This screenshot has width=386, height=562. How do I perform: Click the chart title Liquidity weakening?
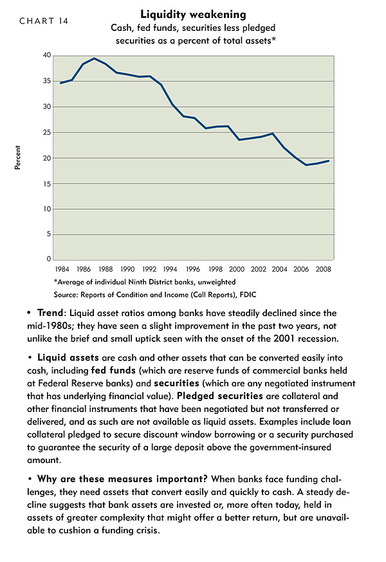click(x=193, y=14)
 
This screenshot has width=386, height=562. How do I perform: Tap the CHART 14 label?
click(x=44, y=21)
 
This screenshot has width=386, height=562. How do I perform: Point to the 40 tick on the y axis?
click(x=47, y=55)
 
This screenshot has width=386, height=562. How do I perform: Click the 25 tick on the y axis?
click(x=47, y=133)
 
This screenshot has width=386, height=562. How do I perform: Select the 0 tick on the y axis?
click(x=49, y=259)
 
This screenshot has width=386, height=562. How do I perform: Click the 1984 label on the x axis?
click(x=62, y=269)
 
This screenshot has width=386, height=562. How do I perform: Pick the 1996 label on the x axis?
click(x=192, y=269)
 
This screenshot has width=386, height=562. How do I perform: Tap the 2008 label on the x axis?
click(x=323, y=269)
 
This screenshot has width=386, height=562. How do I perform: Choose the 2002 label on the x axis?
click(x=258, y=269)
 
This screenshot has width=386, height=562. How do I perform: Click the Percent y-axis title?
click(x=17, y=157)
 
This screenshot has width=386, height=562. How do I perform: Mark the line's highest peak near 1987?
click(x=94, y=58)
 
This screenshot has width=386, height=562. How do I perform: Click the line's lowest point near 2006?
click(x=306, y=165)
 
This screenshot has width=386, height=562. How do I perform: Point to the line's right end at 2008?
click(x=329, y=161)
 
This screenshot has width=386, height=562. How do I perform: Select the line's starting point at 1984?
click(x=60, y=83)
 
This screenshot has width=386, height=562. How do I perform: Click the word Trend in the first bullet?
click(x=50, y=313)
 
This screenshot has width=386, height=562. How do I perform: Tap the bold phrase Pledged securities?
click(x=220, y=396)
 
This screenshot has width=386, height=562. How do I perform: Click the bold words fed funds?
click(x=113, y=370)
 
